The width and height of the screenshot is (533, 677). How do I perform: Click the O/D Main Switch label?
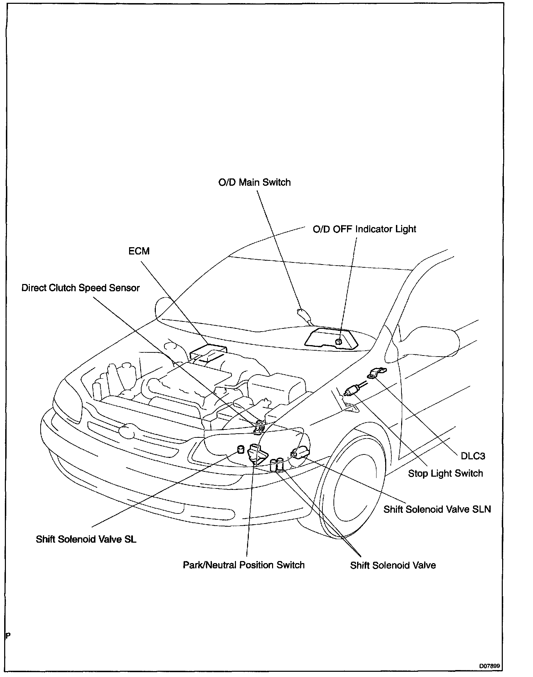254,182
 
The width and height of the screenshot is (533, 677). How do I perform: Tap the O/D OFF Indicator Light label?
364,229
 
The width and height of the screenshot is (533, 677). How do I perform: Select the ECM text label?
139,251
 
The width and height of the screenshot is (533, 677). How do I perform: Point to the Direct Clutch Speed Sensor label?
81,288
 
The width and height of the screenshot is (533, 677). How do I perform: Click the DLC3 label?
473,456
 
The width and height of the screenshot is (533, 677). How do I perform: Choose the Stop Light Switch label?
445,473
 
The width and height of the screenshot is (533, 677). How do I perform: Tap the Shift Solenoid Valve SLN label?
437,509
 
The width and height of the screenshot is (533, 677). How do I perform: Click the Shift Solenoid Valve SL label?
86,539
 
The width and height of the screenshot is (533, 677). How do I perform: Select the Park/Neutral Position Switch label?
244,565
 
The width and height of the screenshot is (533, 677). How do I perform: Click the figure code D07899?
490,666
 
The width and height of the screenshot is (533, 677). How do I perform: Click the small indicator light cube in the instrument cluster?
338,341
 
